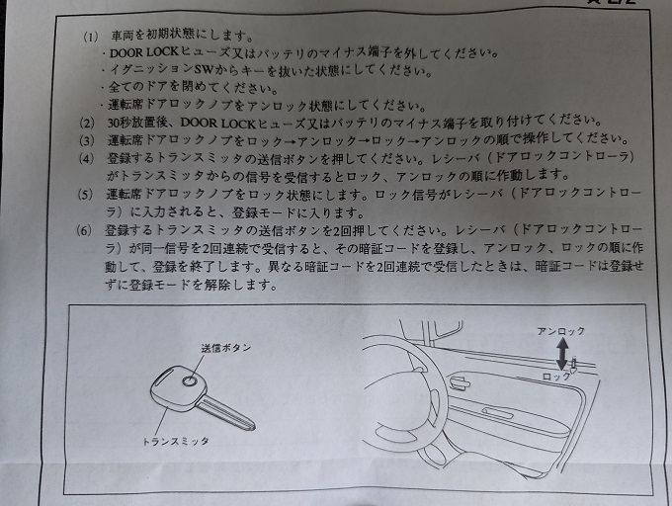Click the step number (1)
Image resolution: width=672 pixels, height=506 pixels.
click(91, 37)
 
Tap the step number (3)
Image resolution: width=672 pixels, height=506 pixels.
click(86, 140)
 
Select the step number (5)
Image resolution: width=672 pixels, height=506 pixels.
click(85, 195)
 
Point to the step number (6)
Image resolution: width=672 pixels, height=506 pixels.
click(84, 231)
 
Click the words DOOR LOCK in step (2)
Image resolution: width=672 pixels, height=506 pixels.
click(217, 124)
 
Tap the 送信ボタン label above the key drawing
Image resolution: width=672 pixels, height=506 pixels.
click(226, 348)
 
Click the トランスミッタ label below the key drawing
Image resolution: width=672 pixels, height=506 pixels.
click(175, 442)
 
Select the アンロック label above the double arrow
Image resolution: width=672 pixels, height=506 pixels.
click(560, 331)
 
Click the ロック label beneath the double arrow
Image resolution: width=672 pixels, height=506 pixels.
click(556, 377)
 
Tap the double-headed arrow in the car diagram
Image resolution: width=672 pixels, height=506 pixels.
click(562, 354)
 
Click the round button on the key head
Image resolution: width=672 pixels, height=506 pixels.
click(189, 380)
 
